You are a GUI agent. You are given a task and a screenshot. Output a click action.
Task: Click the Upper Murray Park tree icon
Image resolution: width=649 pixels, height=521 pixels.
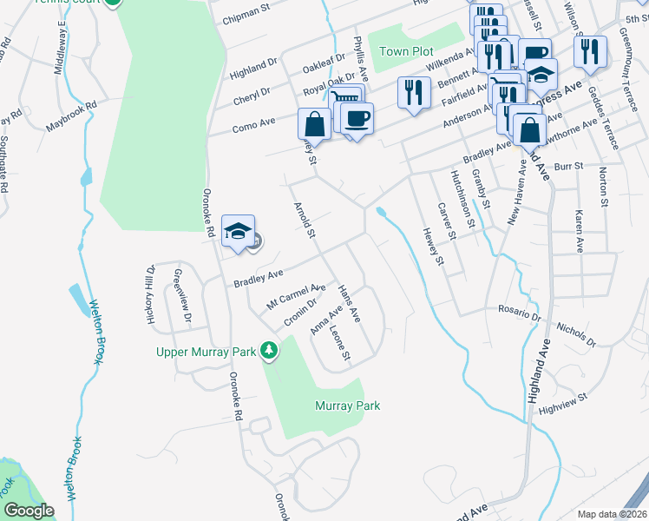pyautogui.click(x=270, y=351)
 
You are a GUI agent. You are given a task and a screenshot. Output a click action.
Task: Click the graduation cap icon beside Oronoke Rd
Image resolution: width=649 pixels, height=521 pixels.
pyautogui.click(x=238, y=232)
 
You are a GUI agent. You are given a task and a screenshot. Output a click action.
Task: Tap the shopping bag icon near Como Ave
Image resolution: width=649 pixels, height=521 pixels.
pyautogui.click(x=314, y=124)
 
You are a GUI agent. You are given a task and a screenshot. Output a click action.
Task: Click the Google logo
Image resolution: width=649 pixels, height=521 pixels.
pyautogui.click(x=28, y=511)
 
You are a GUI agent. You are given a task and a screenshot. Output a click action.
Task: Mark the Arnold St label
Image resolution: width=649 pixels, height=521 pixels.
pyautogui.click(x=304, y=221)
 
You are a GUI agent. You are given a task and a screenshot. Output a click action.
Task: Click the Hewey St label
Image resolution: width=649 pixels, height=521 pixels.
pyautogui.click(x=434, y=247)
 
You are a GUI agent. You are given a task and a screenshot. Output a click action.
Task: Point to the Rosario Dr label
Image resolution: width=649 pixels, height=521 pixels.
pyautogui.click(x=521, y=308)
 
